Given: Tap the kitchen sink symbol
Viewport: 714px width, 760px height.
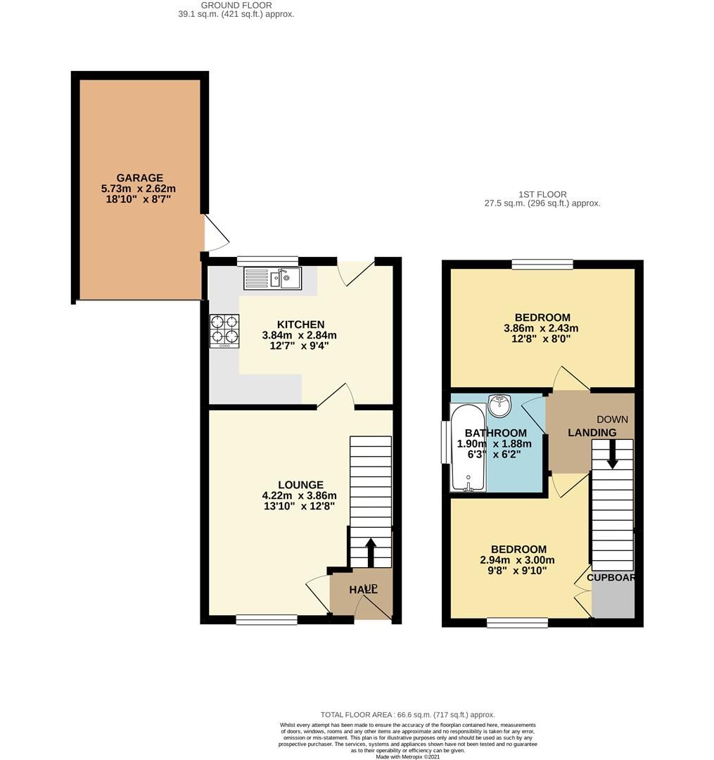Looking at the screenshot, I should click(x=272, y=279).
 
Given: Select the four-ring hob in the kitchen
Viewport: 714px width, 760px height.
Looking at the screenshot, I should click(x=224, y=331).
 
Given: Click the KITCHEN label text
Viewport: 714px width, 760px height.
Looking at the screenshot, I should click(x=300, y=324).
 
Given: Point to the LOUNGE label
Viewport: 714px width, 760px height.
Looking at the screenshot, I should click(x=300, y=485).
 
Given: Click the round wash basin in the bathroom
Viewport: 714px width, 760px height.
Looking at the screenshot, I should click(x=499, y=404).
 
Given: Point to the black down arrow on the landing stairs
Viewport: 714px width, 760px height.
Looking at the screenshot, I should click(x=612, y=454).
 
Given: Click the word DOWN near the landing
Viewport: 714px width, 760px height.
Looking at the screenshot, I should click(x=612, y=419).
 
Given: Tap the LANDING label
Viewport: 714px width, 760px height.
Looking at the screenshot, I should click(x=592, y=432).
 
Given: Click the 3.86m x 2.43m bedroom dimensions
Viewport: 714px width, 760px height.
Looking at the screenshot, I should click(x=541, y=328).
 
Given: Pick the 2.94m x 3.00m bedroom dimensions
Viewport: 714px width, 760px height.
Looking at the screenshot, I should click(x=518, y=560).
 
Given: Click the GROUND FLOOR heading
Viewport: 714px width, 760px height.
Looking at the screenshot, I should click(x=236, y=5).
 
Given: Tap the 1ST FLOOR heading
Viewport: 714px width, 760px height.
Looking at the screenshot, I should click(x=541, y=194).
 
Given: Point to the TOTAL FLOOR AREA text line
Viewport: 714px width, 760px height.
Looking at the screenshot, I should click(x=407, y=714).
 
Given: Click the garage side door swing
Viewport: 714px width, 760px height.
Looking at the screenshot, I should click(x=215, y=233).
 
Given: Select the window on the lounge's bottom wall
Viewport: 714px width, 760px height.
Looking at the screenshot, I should click(x=267, y=620).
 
